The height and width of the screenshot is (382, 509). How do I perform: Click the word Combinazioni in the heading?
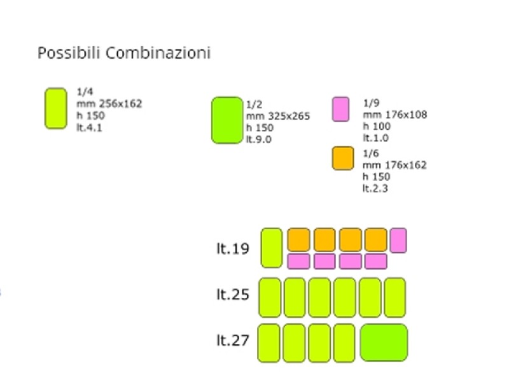158,53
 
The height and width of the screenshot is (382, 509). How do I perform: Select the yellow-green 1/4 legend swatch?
56,108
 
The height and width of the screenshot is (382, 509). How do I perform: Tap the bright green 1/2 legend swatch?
227,120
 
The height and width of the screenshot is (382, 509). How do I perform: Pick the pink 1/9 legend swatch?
340,109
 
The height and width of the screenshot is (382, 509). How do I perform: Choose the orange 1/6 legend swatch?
342,158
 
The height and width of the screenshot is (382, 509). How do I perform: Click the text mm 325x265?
277,117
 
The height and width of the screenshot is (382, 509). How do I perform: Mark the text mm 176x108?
394,115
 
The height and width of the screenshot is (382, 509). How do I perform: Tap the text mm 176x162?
394,166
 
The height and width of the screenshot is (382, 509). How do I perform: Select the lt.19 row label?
232,248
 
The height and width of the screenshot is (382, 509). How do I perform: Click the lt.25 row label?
232,295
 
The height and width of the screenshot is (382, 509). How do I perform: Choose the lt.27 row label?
232,341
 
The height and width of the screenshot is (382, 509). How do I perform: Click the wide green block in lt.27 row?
384,343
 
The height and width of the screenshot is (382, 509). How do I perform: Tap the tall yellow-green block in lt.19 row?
271,248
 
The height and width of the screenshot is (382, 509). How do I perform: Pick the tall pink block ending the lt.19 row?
398,241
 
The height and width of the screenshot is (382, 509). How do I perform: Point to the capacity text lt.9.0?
258,139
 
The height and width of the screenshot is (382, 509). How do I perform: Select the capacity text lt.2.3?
375,188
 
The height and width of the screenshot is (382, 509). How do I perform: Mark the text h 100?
375,126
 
